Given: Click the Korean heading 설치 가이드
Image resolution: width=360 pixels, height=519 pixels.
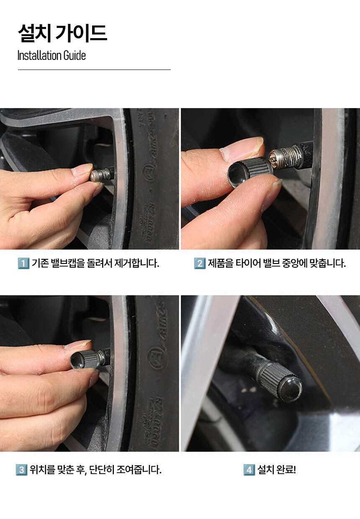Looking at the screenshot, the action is [x=62, y=34].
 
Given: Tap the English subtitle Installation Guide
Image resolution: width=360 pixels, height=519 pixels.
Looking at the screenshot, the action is [x=51, y=56].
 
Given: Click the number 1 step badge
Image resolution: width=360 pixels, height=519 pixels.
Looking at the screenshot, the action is [x=23, y=263].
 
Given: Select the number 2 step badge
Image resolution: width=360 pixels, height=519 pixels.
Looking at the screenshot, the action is [x=200, y=263].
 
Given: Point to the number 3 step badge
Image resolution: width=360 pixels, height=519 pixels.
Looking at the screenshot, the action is [x=21, y=470].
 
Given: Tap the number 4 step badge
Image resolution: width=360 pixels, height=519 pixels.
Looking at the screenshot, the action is [x=249, y=470].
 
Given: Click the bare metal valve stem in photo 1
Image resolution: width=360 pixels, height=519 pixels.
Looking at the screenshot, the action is [x=100, y=174].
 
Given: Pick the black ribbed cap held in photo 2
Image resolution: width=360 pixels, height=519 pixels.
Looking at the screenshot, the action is [x=250, y=171].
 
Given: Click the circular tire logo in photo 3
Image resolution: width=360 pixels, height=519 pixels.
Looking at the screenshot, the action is [x=157, y=358].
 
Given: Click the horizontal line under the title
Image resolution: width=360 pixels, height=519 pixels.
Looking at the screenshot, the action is [x=94, y=70].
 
